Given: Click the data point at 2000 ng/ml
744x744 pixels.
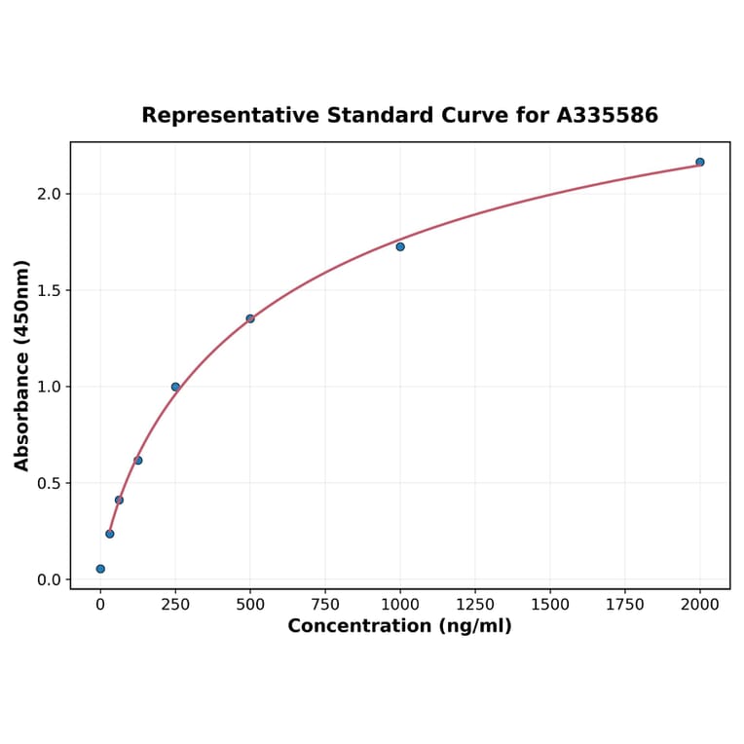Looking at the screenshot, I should click(x=699, y=162).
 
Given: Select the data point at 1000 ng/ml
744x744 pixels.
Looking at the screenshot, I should click(x=400, y=246).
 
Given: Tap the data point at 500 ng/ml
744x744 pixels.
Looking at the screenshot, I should click(x=250, y=318).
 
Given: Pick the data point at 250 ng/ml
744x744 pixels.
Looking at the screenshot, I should click(x=175, y=387).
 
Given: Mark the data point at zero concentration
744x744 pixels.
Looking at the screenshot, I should click(x=100, y=569).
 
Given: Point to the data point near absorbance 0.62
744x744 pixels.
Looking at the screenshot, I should click(x=138, y=460).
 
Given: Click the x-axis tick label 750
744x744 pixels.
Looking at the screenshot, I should click(x=325, y=605).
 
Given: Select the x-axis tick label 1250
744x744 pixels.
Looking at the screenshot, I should click(x=475, y=605).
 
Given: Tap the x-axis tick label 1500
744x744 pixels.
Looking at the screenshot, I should click(x=550, y=605).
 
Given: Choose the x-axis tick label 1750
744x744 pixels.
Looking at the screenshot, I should click(x=625, y=605).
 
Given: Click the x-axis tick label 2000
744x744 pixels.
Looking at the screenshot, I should click(x=700, y=605).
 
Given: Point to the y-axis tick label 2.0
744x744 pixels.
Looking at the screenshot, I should click(x=49, y=194).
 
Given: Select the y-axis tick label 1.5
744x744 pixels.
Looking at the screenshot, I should click(x=49, y=290).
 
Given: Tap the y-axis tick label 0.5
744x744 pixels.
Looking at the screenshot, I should click(x=49, y=483).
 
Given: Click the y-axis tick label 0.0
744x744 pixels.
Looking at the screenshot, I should click(x=49, y=579).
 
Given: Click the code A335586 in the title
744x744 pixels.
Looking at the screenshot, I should click(x=608, y=116).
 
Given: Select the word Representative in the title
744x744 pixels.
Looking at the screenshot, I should click(x=230, y=116).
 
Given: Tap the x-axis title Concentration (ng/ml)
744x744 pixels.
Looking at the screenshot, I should click(x=399, y=626).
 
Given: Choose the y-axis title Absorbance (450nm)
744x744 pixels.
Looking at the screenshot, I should click(x=22, y=365).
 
